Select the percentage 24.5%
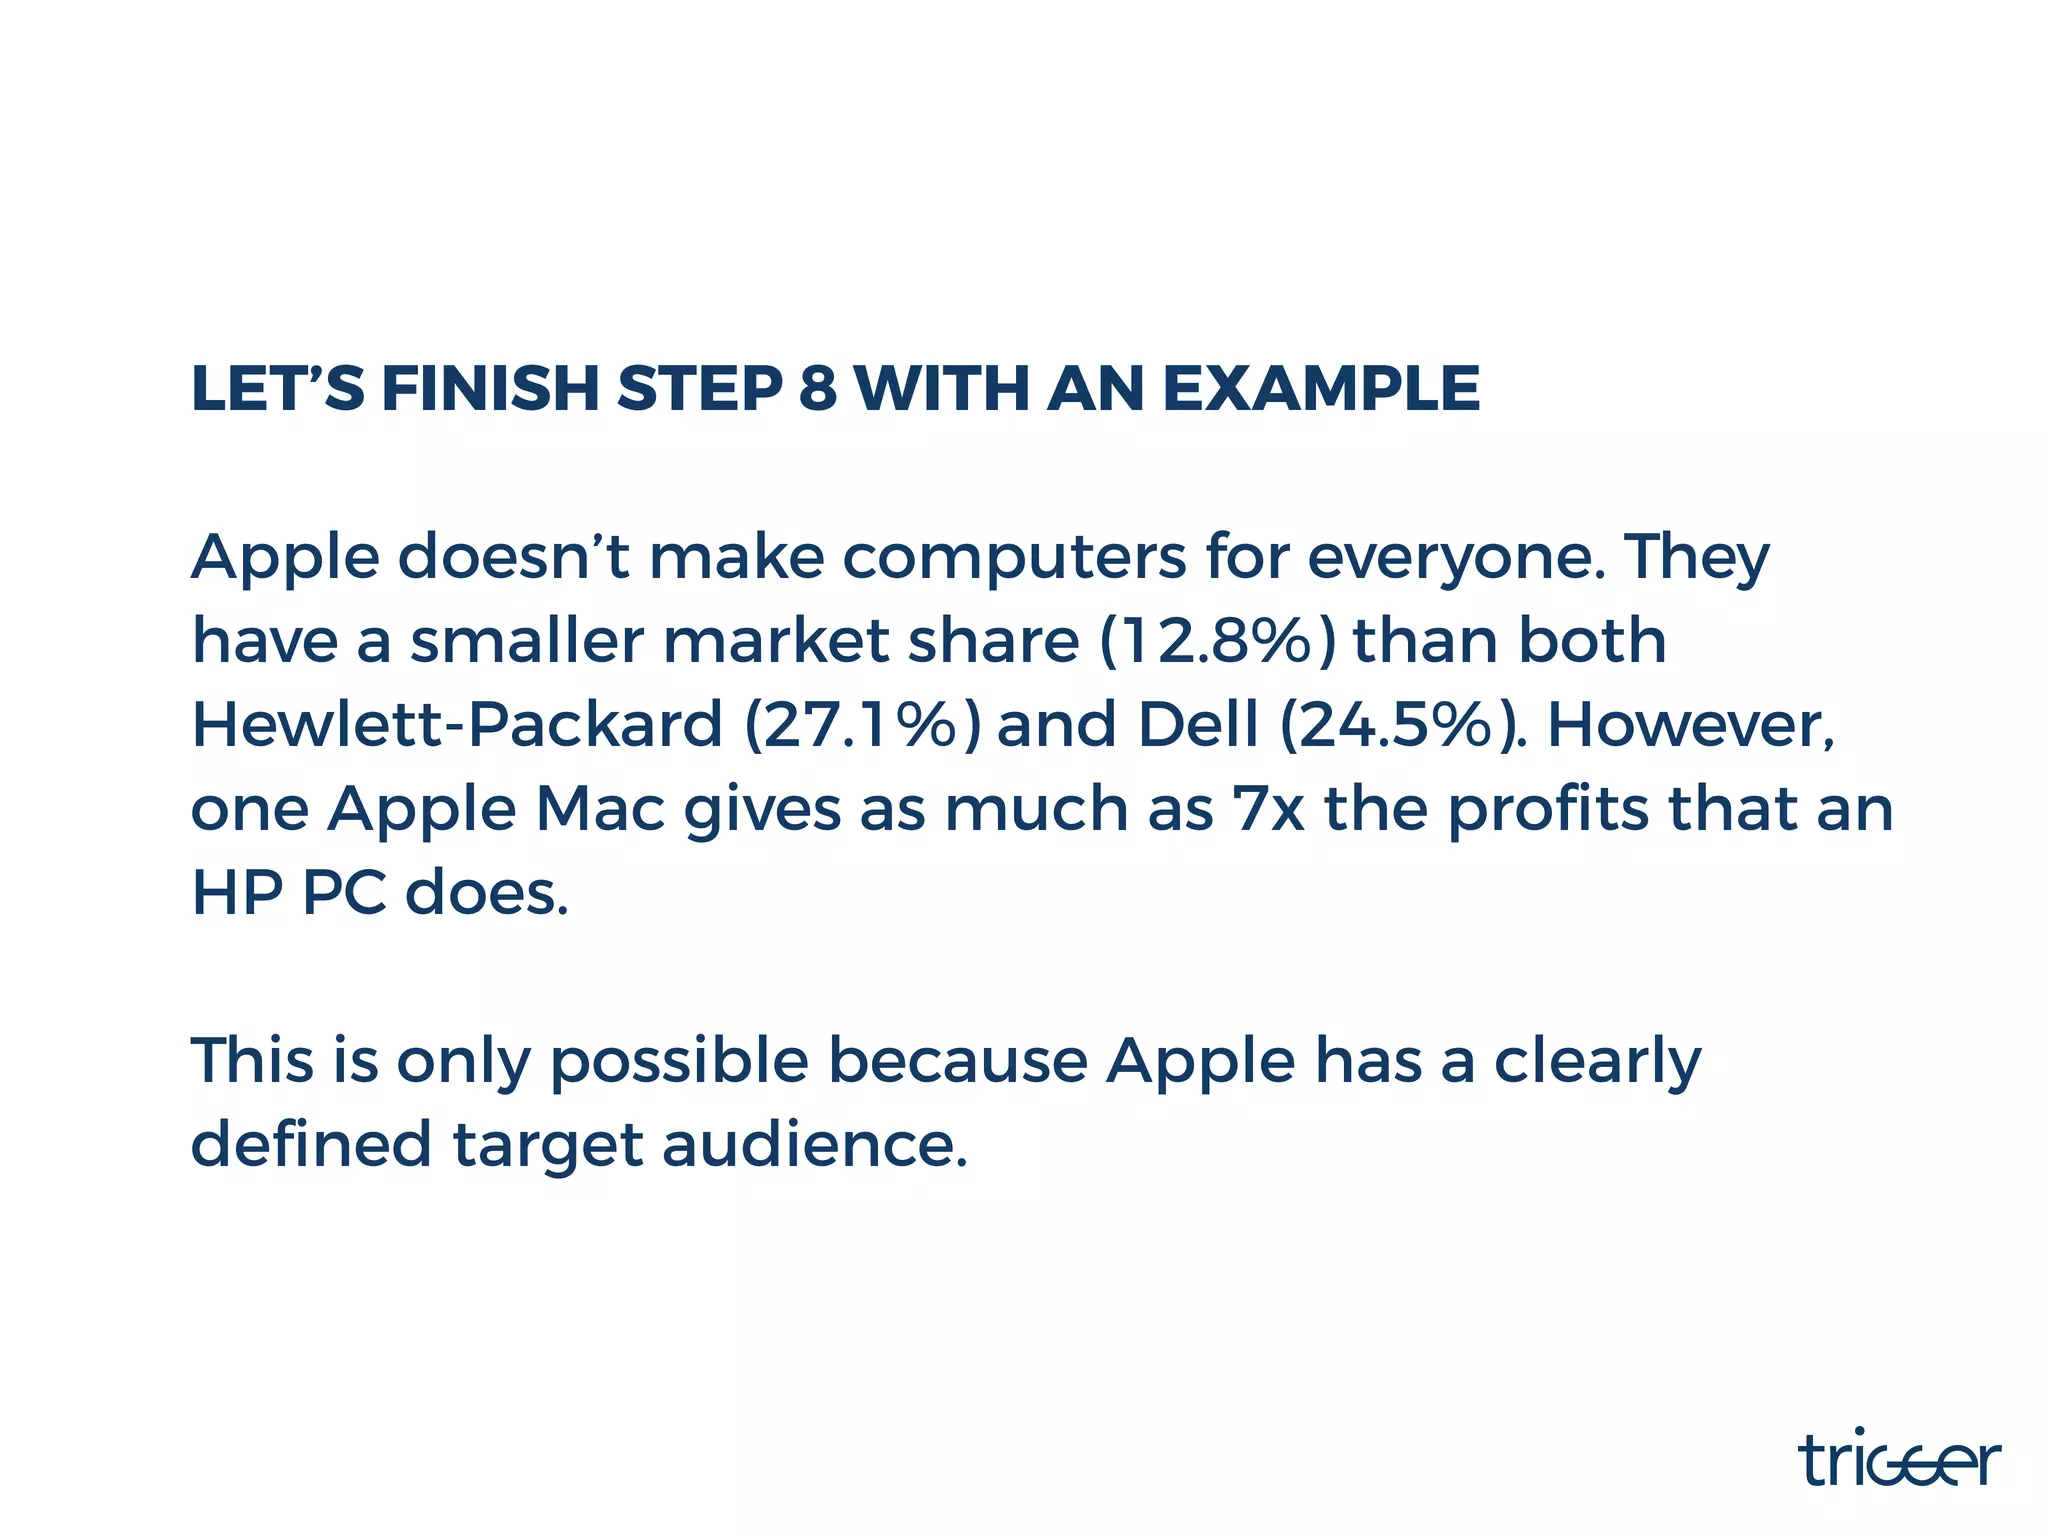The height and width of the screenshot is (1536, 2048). [x=1398, y=725]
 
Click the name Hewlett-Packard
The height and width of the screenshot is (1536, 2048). [x=456, y=725]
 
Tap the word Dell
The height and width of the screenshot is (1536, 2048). [x=1198, y=725]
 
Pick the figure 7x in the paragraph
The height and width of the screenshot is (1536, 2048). [x=1269, y=809]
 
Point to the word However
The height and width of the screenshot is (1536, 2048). [x=1690, y=725]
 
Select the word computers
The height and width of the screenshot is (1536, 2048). [x=1014, y=558]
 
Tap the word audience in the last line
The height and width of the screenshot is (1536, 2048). [x=814, y=1144]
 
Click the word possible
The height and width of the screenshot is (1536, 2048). [x=679, y=1062]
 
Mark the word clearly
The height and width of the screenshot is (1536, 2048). [x=1597, y=1062]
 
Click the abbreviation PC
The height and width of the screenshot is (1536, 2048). [x=344, y=893]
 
